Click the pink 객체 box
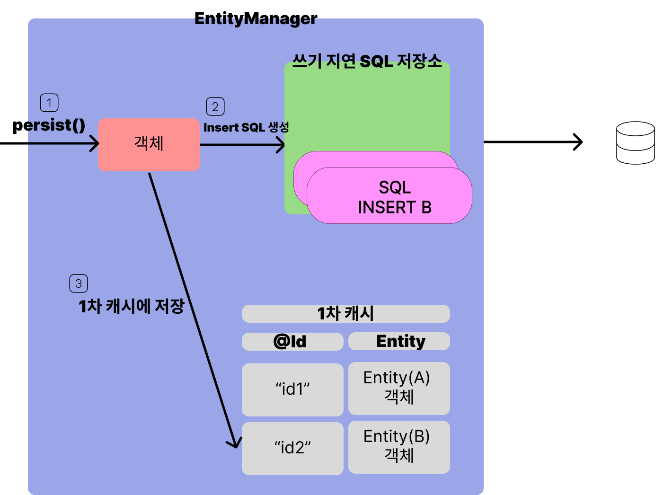pos(149,144)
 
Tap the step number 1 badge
pos(49,103)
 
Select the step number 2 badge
pos(215,106)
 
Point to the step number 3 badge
pos(79,283)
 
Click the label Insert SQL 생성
pos(246,127)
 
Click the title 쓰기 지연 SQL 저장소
pos(367,61)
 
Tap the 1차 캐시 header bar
pos(345,313)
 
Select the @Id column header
pos(292,341)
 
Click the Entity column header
pos(399,341)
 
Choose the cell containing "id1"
pos(292,389)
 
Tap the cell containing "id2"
pos(292,448)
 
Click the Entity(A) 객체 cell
pos(399,388)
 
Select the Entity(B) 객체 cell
pos(399,447)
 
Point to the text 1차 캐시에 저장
pos(131,306)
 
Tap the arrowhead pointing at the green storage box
pos(282,145)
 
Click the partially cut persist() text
pos(56,125)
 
